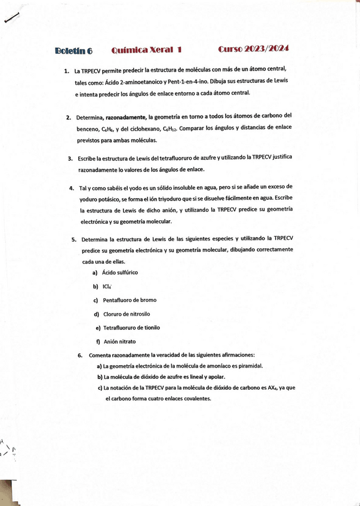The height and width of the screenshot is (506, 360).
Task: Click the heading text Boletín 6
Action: (x=73, y=51)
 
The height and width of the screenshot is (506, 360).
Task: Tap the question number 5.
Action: (x=73, y=241)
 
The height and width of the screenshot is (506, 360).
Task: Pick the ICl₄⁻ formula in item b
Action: (x=107, y=286)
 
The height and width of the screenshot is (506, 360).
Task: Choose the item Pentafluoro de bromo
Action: (x=129, y=300)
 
